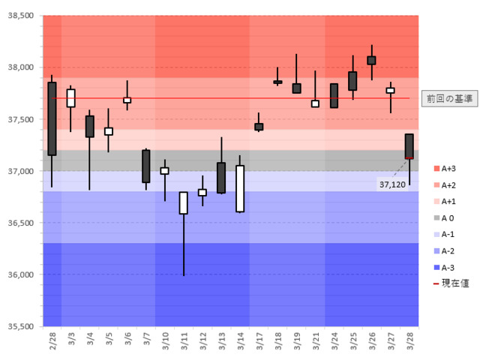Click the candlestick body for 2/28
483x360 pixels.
tap(52, 118)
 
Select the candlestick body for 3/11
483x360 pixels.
tap(184, 202)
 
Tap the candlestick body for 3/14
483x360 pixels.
tap(240, 189)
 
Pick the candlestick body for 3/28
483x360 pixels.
tap(409, 146)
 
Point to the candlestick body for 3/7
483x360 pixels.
tap(146, 166)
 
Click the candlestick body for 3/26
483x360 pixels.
tap(371, 60)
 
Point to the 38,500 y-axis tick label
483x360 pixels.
tap(20, 16)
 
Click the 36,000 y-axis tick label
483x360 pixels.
tap(20, 274)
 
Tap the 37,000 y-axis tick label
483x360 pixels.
tap(20, 171)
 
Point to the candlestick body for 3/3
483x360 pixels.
tap(71, 98)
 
